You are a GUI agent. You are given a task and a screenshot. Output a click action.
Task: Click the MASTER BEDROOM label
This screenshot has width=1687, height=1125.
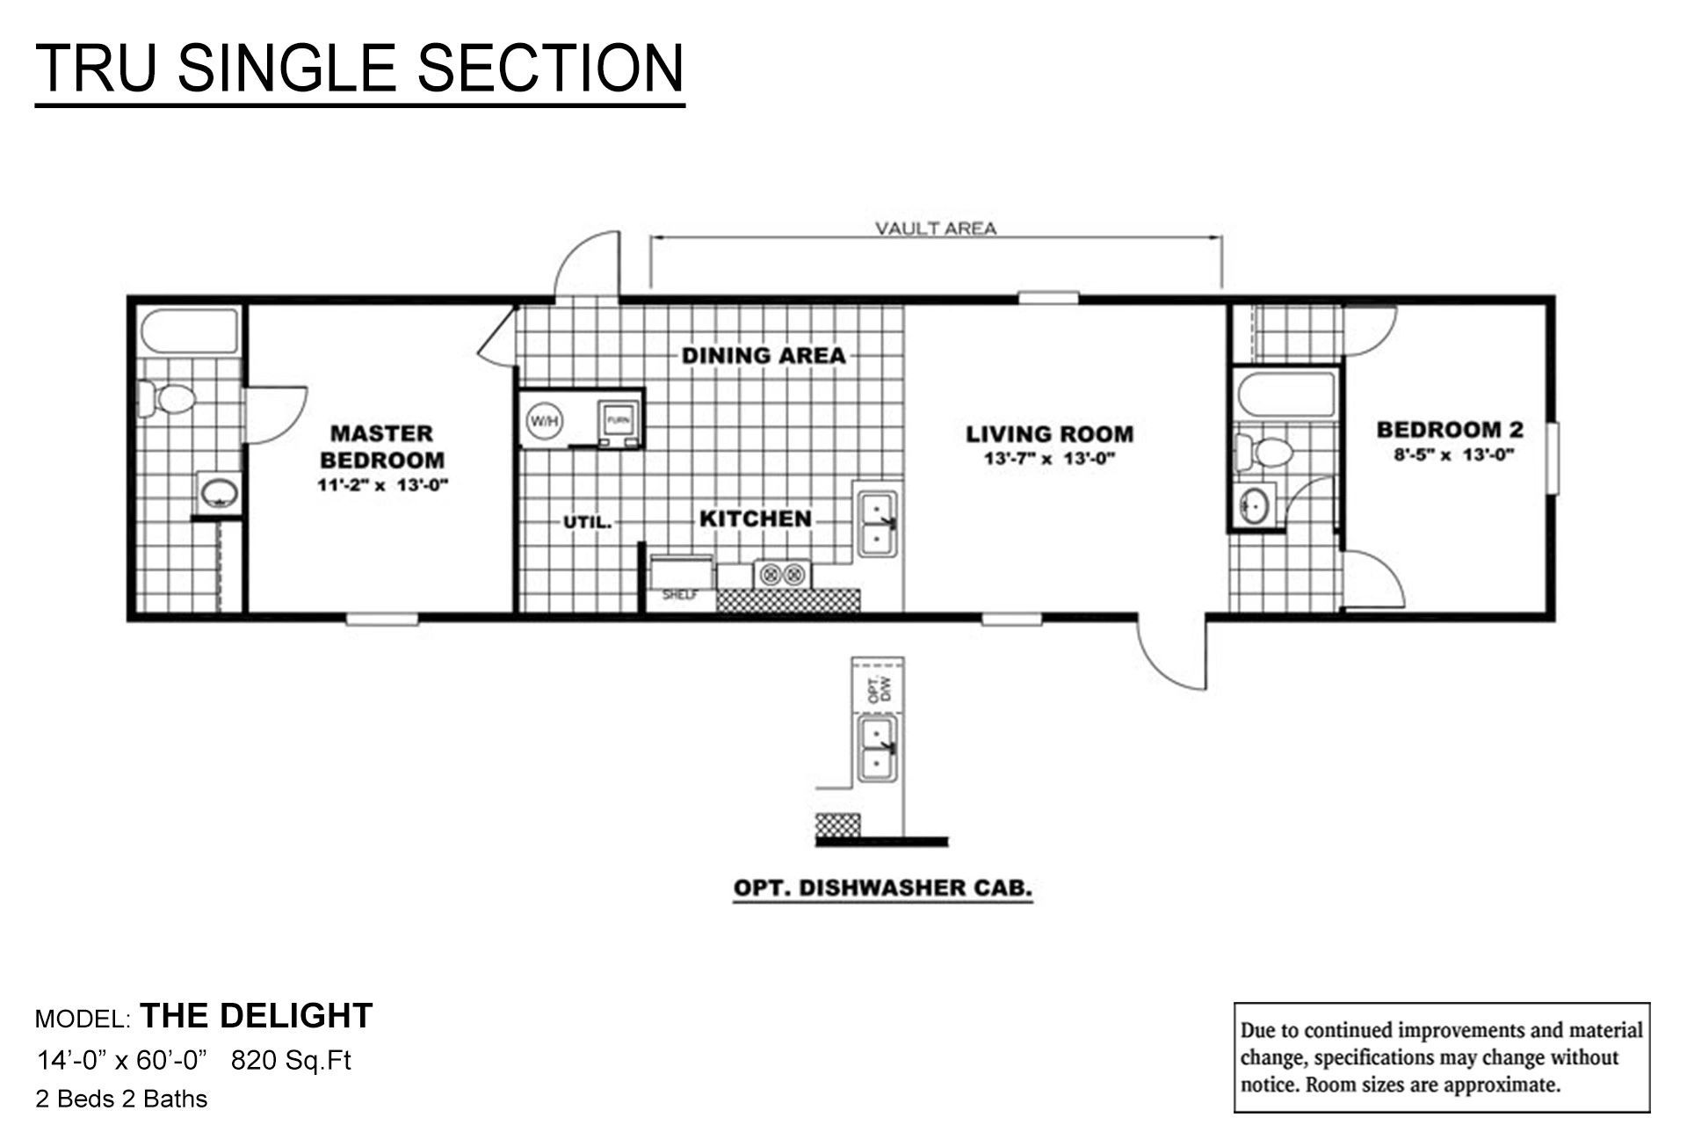[x=381, y=446]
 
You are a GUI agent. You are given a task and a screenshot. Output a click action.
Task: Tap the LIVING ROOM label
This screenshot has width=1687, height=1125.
[x=1049, y=434]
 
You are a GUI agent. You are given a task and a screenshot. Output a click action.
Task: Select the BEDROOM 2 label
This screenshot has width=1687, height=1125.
[x=1450, y=430]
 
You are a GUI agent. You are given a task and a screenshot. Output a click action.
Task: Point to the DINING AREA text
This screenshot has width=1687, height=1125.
[x=764, y=356]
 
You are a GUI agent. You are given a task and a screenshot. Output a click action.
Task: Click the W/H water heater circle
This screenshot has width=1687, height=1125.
[x=542, y=422]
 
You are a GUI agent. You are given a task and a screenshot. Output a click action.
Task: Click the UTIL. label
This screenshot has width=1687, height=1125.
[x=587, y=522]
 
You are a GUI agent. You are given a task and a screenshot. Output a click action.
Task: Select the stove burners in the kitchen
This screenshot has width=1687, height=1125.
[x=783, y=575]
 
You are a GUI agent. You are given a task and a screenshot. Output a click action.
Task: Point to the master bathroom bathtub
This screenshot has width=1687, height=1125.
[x=189, y=330]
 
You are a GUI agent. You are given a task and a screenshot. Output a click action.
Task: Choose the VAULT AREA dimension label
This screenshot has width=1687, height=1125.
[x=935, y=229]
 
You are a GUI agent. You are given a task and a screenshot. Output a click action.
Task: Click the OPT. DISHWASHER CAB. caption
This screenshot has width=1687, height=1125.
[x=882, y=888]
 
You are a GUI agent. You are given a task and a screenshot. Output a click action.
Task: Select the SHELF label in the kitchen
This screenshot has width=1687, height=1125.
[x=679, y=595]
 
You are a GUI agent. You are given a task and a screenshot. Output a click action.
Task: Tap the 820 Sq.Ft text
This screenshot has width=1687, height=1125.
[x=291, y=1061]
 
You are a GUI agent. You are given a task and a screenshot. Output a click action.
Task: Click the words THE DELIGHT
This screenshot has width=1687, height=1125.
[x=257, y=1016]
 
